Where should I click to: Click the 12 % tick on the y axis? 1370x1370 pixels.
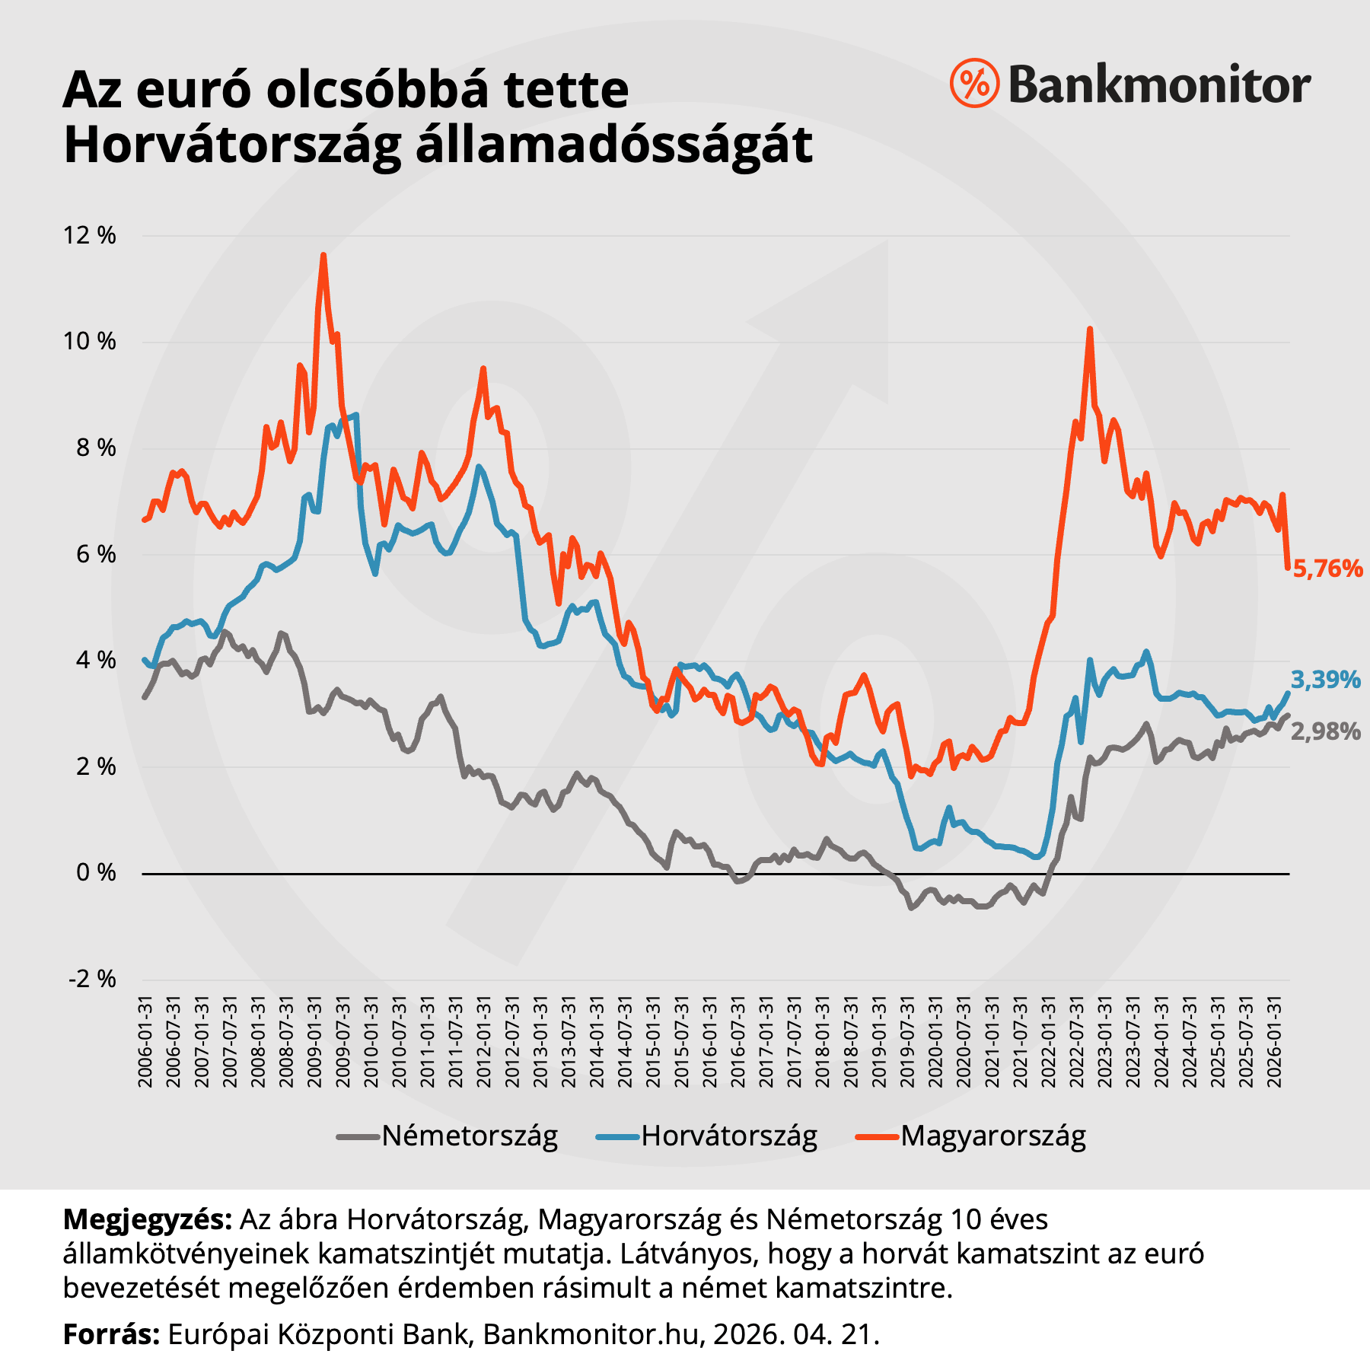click(x=90, y=235)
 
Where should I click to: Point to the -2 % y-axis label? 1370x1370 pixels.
click(x=92, y=979)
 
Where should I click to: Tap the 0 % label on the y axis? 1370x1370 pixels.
click(x=96, y=873)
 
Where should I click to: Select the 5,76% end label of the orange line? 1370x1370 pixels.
click(x=1327, y=569)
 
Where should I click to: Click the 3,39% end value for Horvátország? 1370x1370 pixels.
click(x=1325, y=680)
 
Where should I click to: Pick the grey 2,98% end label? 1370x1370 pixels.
click(x=1325, y=732)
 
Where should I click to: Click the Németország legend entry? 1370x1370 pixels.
click(x=469, y=1136)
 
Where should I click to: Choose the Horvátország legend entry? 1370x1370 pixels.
click(x=728, y=1136)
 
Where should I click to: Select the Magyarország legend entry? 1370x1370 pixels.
click(x=992, y=1136)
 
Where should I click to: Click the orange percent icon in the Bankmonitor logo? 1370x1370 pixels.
click(x=974, y=83)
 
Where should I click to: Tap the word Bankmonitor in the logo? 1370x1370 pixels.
click(x=1159, y=84)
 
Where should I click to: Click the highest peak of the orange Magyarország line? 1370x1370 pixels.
click(x=323, y=256)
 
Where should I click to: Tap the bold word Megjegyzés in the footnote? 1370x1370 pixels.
click(x=147, y=1219)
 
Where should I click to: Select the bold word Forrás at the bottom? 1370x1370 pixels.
click(x=111, y=1334)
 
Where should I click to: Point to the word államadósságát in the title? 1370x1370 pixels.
click(x=614, y=145)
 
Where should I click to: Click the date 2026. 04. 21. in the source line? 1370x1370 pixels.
click(x=795, y=1334)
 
